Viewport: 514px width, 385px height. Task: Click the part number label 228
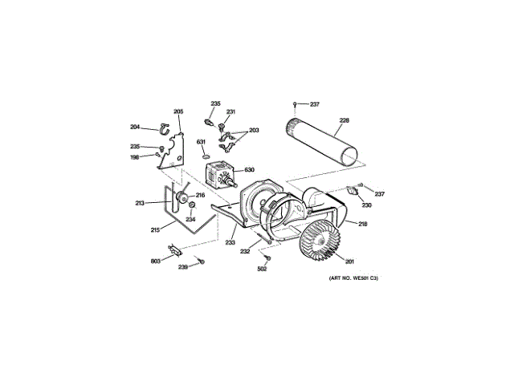pos(344,121)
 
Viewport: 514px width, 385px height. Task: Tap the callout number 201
pos(349,259)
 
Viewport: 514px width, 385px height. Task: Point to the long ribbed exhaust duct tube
pos(322,141)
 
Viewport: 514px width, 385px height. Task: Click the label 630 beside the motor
pos(249,170)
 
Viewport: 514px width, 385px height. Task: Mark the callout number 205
pos(178,111)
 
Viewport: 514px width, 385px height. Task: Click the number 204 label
pos(135,126)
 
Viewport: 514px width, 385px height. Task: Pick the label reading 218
pos(362,224)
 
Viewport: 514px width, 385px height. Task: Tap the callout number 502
pos(262,269)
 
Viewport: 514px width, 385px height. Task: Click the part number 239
pos(183,266)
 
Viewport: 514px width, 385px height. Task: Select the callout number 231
pos(230,111)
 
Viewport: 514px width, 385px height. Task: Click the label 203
pos(254,130)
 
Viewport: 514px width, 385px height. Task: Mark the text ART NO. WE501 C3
pos(353,278)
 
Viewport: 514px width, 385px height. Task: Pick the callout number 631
pos(202,142)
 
